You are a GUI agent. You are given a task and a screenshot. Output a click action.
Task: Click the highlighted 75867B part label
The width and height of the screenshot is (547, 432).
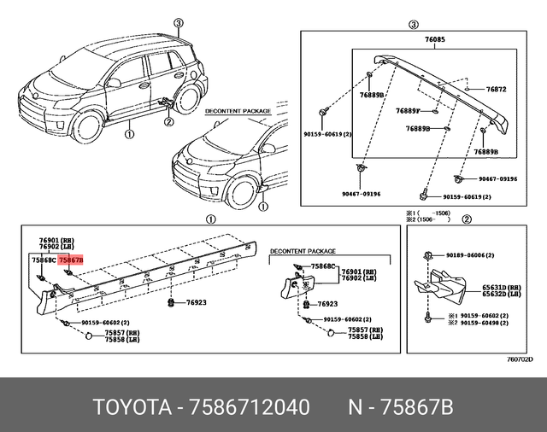pos(71,259)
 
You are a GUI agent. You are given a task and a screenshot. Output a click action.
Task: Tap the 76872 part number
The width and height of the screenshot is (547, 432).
pos(497,89)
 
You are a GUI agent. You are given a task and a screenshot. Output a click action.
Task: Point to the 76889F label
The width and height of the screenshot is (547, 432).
pos(408,110)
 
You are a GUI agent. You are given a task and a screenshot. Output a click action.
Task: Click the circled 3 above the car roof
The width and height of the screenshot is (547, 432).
pos(178,23)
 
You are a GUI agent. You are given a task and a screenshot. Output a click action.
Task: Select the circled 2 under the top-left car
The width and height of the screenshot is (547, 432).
pos(168,121)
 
